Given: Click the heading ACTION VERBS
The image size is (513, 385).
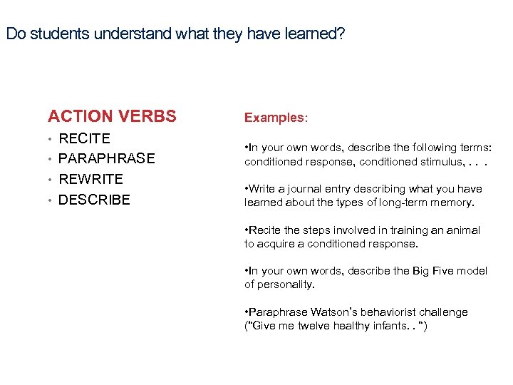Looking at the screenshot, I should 112,116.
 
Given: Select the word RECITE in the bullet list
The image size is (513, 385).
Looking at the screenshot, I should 84,138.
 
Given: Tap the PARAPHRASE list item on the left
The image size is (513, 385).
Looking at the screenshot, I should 106,158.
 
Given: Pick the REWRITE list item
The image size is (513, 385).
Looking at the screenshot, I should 90,179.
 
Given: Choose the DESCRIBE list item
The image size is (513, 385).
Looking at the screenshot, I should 94,200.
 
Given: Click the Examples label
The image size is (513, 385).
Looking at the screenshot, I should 276,117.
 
